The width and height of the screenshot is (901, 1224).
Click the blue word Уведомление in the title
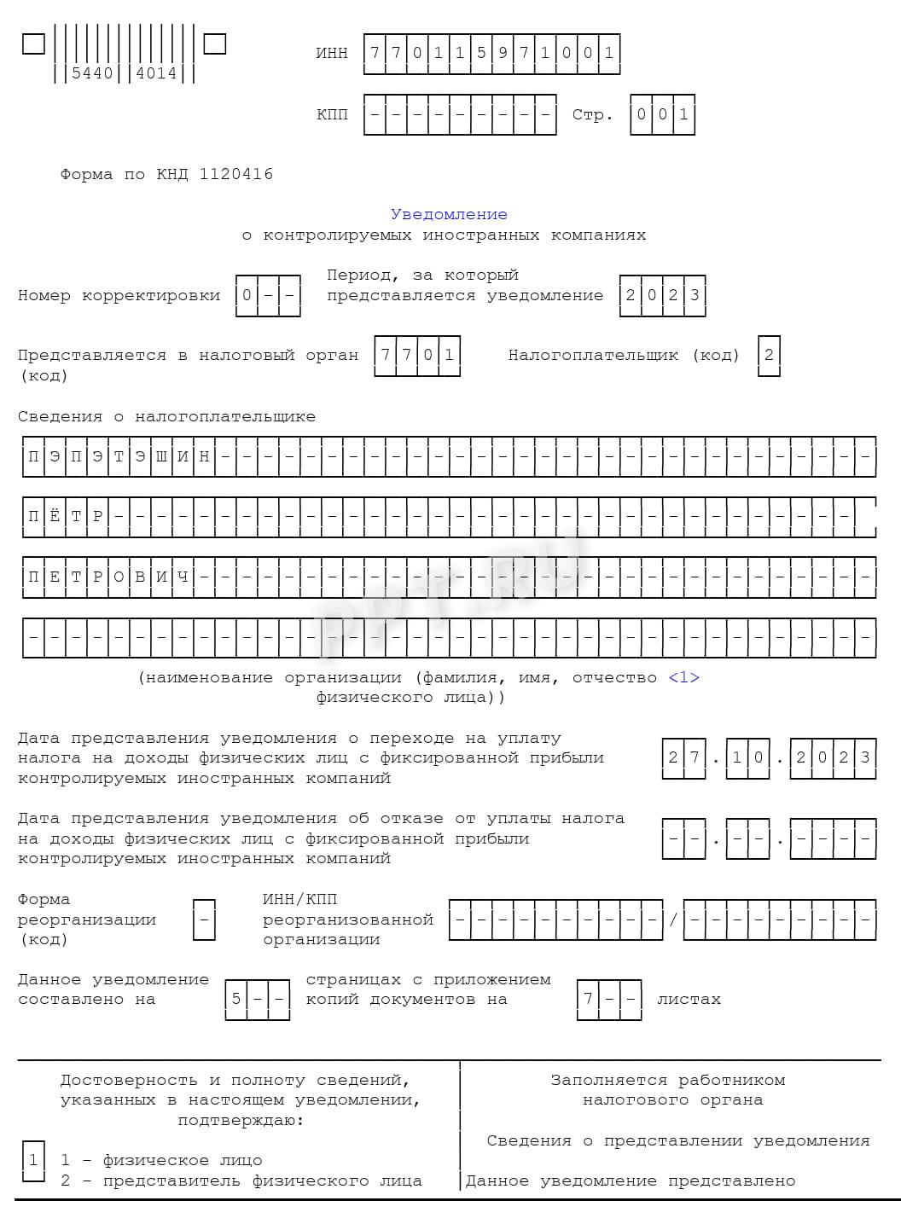[x=449, y=214]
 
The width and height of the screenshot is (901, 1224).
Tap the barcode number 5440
[x=92, y=73]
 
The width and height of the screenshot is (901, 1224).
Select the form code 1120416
[x=236, y=174]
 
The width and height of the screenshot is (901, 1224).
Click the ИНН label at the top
[x=332, y=53]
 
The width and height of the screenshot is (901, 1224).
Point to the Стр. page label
[x=592, y=114]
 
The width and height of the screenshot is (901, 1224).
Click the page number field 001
[x=662, y=114]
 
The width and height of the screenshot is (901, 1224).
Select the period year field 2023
[x=663, y=295]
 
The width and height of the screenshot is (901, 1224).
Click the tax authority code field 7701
[x=417, y=355]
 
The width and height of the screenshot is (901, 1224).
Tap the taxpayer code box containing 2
[x=769, y=355]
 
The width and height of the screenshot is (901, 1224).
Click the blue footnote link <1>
[x=683, y=677]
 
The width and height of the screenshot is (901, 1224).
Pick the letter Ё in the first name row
[x=55, y=517]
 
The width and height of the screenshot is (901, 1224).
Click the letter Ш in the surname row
[x=161, y=456]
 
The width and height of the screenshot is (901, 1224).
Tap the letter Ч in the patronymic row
[x=183, y=577]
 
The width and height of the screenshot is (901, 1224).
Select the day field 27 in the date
[x=683, y=757]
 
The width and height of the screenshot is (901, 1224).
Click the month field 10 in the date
[x=747, y=757]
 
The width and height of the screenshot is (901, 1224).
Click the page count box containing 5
[x=236, y=999]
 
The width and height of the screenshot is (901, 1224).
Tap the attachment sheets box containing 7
[x=588, y=999]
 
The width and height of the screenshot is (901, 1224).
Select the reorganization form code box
[x=204, y=919]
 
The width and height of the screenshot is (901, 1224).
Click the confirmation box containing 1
[x=33, y=1160]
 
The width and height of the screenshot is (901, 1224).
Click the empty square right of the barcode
[x=215, y=44]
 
